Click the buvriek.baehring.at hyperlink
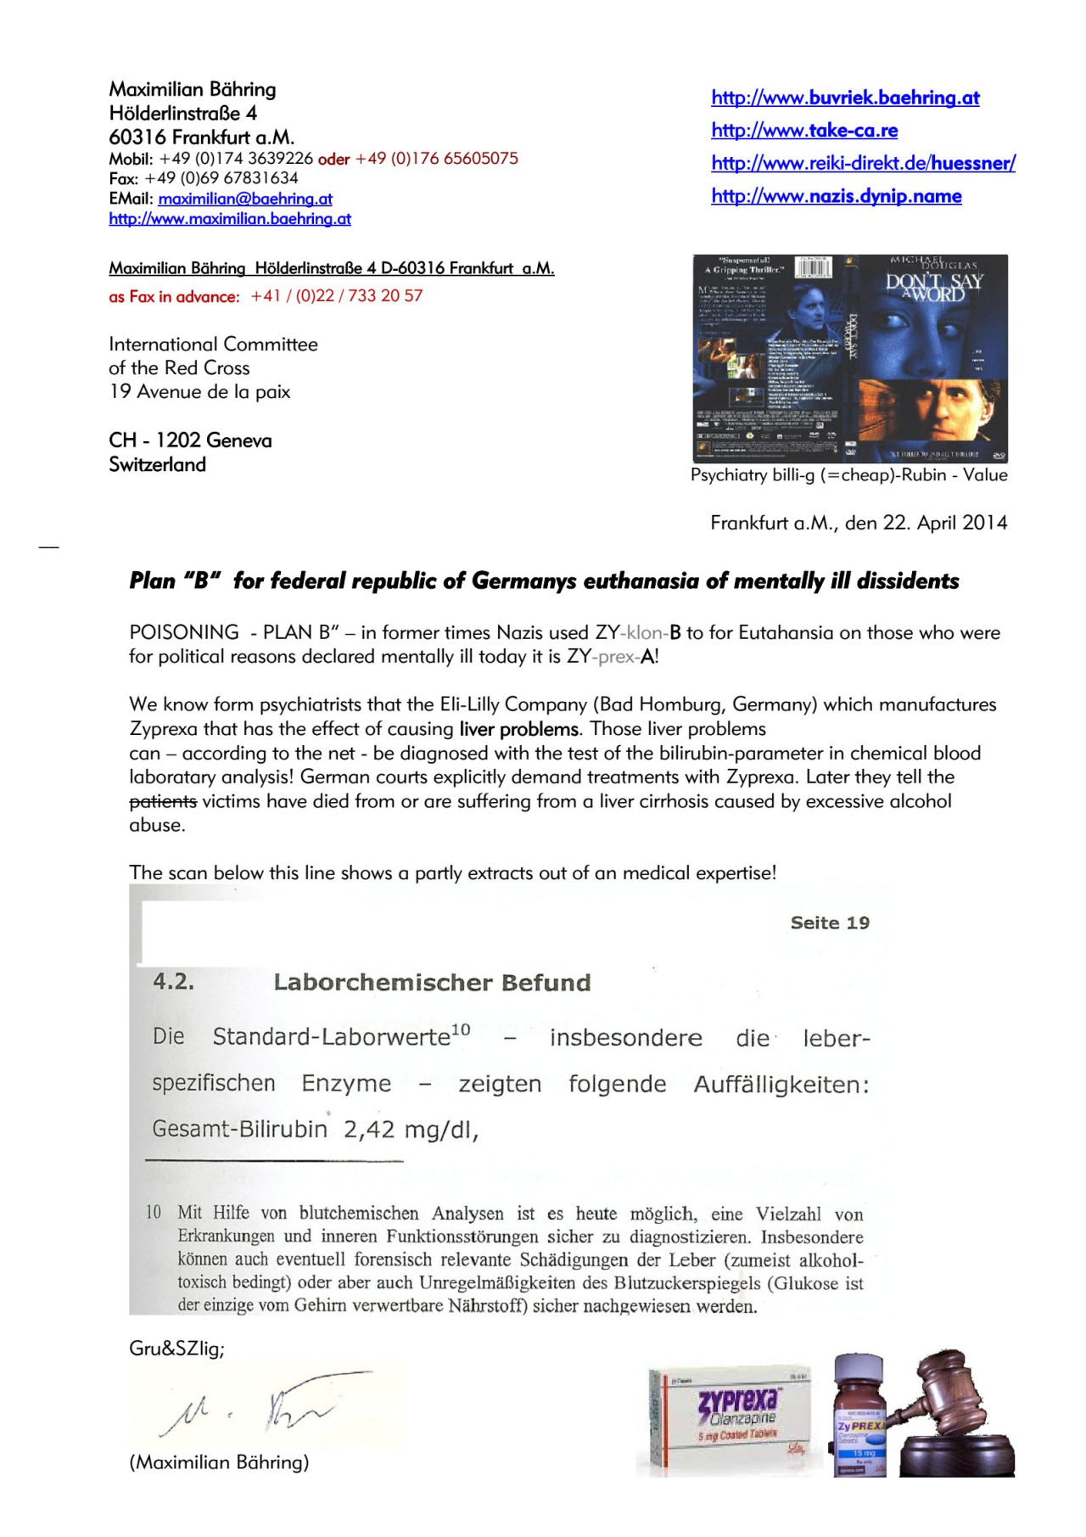click(x=845, y=98)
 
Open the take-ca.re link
click(x=804, y=130)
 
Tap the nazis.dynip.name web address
click(x=836, y=196)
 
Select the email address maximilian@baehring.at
click(x=245, y=199)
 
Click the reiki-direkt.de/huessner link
click(x=863, y=163)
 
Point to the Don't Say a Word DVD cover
click(x=850, y=358)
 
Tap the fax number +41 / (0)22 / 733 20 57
click(x=337, y=296)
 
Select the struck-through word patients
click(x=163, y=801)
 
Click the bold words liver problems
click(x=519, y=729)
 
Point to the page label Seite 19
click(x=830, y=923)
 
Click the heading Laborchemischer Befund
click(x=432, y=983)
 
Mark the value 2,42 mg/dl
click(x=411, y=1130)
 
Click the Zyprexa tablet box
click(x=732, y=1419)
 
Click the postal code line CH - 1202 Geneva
click(x=190, y=440)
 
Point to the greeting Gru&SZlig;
click(x=176, y=1349)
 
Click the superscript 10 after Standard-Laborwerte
click(x=461, y=1029)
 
